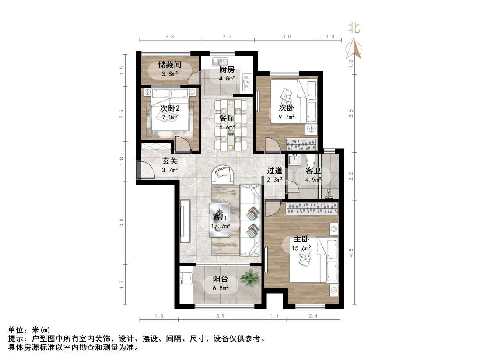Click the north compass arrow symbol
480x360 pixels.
pos(354,47)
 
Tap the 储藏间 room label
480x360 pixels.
pos(169,65)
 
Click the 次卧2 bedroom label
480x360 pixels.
pos(169,108)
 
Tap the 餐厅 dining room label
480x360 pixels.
pos(227,118)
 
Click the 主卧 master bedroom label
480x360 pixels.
pos(301,239)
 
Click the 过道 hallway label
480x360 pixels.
pos(275,171)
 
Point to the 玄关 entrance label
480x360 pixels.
pos(170,161)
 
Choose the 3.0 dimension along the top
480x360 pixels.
pos(286,37)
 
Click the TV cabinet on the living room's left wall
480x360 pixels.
pos(185,221)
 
